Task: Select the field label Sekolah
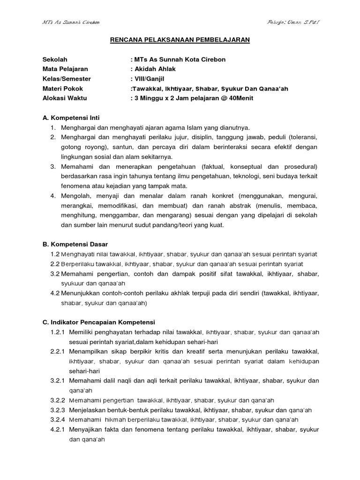click(55, 60)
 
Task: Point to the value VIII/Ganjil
click(150, 79)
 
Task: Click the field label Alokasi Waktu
click(65, 98)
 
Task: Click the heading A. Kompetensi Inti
click(71, 118)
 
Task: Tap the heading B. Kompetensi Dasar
click(75, 244)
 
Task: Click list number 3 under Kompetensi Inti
click(53, 166)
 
